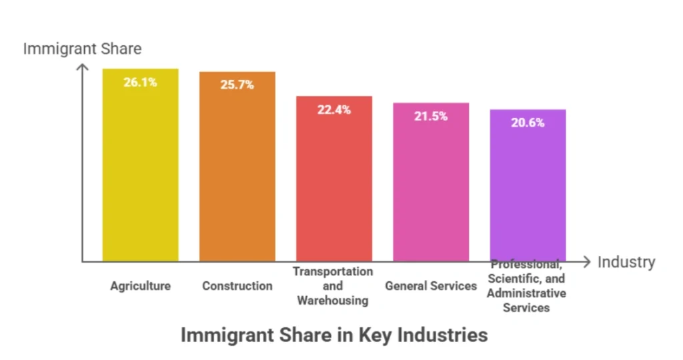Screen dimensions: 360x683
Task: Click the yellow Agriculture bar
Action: [140, 173]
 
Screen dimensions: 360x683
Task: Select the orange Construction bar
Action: [237, 173]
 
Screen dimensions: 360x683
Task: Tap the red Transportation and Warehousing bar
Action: [334, 187]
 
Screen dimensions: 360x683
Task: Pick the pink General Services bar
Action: [431, 190]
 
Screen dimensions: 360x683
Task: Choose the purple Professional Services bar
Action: [528, 193]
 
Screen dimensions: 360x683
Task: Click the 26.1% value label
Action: [140, 83]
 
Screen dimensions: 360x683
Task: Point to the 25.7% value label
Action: [237, 85]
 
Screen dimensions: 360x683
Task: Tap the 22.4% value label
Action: [334, 110]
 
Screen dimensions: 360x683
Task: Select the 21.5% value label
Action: [431, 116]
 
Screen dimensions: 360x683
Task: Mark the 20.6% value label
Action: [528, 123]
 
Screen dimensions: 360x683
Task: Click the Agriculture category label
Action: [140, 286]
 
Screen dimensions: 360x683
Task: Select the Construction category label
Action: [237, 286]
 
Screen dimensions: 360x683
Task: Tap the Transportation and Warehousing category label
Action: [333, 286]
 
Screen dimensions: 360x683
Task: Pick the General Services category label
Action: [431, 286]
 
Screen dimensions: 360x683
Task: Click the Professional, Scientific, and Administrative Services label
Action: [526, 286]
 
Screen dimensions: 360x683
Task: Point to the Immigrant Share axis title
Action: [82, 49]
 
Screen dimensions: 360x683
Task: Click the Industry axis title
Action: [626, 262]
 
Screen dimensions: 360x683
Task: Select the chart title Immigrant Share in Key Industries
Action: [334, 335]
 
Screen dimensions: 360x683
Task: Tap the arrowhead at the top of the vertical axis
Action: [83, 67]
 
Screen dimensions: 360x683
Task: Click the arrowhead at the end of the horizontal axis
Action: [586, 261]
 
